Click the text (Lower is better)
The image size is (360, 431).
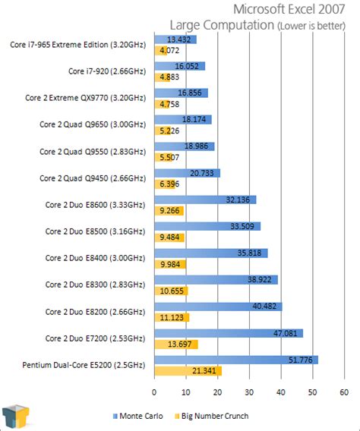coord(314,26)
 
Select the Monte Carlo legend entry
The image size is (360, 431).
coord(141,416)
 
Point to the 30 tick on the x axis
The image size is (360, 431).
coord(249,392)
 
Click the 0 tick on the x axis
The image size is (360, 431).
coord(154,392)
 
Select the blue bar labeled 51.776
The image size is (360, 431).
coord(235,360)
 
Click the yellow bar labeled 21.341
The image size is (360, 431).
coord(188,371)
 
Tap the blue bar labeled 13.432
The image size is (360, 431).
coord(175,39)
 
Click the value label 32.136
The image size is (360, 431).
coord(238,200)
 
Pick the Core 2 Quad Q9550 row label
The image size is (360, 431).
coord(93,151)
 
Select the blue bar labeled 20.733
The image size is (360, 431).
coord(187,173)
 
